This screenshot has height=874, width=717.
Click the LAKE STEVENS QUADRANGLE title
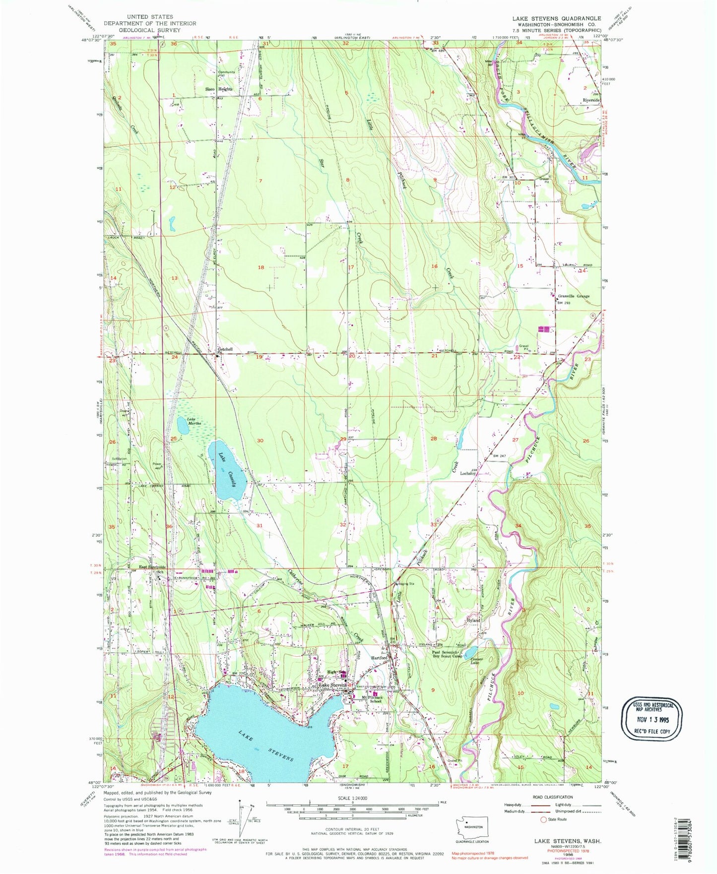coord(556,18)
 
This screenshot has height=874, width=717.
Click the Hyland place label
coord(473,621)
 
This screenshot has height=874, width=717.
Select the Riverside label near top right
coord(591,100)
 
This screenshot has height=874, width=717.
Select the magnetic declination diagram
coord(242,827)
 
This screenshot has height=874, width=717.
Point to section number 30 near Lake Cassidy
coord(260,440)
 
